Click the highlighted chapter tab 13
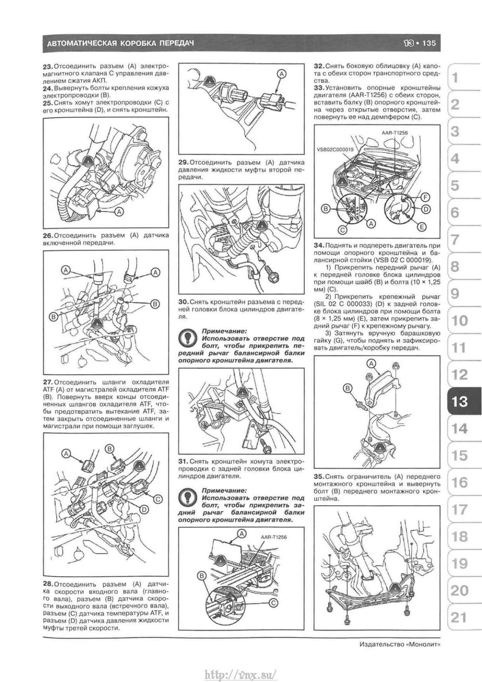(459, 401)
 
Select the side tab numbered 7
(455, 240)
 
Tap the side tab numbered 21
(459, 617)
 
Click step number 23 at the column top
(47, 66)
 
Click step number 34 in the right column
(319, 245)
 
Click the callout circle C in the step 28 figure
(158, 499)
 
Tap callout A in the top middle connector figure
(282, 74)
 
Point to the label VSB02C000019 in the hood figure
(335, 149)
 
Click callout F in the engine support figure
(425, 197)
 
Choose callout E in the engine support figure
(421, 227)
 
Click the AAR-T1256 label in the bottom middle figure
(272, 536)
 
